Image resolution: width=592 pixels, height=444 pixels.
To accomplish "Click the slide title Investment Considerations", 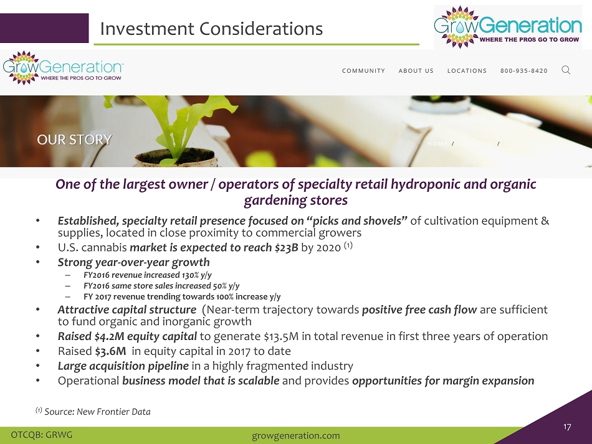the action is [211, 29].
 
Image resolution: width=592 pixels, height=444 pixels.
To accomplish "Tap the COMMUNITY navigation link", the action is [363, 71].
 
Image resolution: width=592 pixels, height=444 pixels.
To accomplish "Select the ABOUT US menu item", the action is [416, 71].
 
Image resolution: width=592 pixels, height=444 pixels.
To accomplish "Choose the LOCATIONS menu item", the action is [467, 71].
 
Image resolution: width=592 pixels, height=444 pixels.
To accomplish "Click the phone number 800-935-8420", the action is [524, 71].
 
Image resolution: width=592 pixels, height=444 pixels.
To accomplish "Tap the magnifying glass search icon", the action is [566, 70].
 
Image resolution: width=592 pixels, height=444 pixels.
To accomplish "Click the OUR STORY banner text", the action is [74, 139].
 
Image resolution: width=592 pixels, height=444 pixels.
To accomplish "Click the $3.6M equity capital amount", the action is [111, 351].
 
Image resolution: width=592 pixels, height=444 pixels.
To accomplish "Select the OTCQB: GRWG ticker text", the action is [42, 435].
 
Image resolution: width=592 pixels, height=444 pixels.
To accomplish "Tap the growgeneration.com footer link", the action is [295, 436].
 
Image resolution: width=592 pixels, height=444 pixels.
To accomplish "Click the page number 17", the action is [567, 427].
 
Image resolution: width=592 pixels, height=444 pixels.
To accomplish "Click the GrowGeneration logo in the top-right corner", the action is [508, 27].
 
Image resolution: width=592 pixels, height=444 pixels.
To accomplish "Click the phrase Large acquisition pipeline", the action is [123, 366].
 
